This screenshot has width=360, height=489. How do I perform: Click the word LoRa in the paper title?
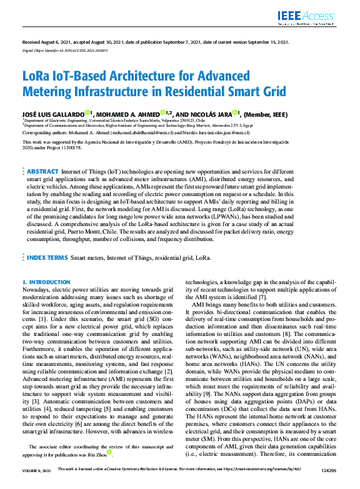37,76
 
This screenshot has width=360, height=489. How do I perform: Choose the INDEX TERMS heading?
47,257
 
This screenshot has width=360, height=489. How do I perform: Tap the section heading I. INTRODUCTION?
46,282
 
